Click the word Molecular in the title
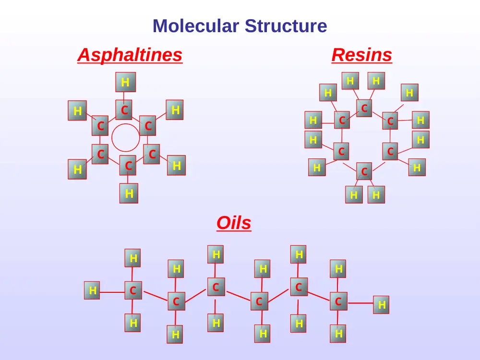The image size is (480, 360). click(x=196, y=26)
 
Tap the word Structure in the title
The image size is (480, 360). click(x=286, y=26)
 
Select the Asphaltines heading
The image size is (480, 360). click(x=130, y=55)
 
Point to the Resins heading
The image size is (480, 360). click(x=361, y=55)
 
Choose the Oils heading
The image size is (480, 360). click(x=234, y=223)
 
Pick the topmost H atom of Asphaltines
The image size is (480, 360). click(x=125, y=82)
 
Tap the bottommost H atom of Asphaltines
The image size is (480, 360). click(x=129, y=193)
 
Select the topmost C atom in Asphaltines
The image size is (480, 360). click(x=124, y=109)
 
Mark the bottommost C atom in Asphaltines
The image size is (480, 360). click(x=128, y=165)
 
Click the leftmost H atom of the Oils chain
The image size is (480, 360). click(x=92, y=290)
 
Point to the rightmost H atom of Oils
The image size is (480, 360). click(x=381, y=305)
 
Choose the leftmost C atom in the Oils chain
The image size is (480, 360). click(x=133, y=290)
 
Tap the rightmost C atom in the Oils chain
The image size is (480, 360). click(x=338, y=301)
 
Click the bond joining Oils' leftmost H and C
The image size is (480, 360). click(x=112, y=292)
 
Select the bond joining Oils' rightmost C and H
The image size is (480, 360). click(x=360, y=303)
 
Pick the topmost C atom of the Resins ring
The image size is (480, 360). click(x=364, y=108)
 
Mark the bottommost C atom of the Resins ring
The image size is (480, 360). click(x=364, y=171)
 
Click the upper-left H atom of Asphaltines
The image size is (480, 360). click(x=77, y=110)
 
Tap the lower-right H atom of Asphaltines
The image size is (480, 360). click(x=176, y=165)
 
